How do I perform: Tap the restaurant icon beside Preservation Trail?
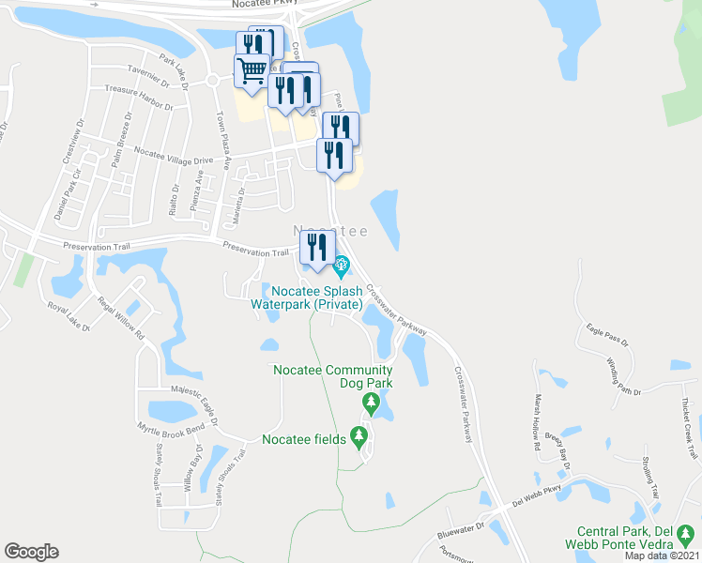(x=315, y=249)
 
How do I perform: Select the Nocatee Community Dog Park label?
(x=332, y=376)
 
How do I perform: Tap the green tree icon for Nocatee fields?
(x=359, y=437)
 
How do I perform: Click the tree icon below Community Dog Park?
(x=372, y=404)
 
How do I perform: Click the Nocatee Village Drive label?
(x=175, y=155)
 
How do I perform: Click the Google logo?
(x=31, y=552)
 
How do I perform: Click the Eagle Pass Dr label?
(x=605, y=330)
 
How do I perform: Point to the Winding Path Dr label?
(x=623, y=375)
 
